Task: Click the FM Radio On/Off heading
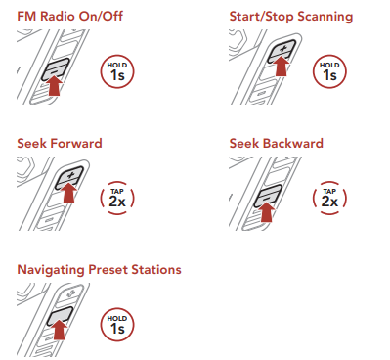69,17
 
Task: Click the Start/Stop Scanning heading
291,17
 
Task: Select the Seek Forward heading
60,143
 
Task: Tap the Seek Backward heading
276,143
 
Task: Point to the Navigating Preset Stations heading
99,270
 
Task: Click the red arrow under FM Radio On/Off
55,86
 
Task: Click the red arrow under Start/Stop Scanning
281,67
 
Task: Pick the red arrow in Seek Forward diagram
69,193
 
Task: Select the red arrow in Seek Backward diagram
267,212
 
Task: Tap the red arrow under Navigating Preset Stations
60,330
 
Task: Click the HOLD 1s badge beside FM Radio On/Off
117,71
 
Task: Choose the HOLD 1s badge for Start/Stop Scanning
329,71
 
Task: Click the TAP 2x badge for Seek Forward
117,199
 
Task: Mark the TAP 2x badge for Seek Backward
329,199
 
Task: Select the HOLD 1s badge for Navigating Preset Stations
117,325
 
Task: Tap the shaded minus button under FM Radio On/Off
56,69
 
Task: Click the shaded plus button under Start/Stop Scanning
282,51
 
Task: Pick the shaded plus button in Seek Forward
69,177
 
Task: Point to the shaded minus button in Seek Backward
268,197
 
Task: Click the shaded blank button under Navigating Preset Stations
60,316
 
